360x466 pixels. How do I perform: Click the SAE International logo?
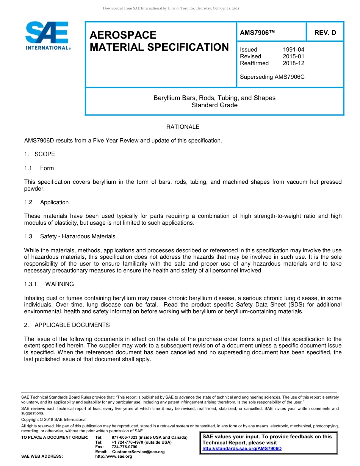47,36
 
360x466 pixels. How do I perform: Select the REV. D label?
325,33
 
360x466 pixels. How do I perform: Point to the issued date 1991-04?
293,50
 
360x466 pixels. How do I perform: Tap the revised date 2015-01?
293,56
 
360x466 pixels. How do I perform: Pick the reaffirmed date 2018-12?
293,63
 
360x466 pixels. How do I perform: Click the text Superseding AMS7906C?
272,77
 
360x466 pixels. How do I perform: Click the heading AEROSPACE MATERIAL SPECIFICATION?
159,41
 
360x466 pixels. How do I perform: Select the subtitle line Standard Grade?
214,105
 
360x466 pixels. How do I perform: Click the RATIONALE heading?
183,127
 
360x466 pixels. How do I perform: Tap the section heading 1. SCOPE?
40,154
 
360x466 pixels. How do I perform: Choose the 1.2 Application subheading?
47,202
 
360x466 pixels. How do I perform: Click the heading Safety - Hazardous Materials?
78,236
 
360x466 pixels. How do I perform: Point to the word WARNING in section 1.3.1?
59,284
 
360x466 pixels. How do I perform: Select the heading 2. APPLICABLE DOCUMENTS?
67,325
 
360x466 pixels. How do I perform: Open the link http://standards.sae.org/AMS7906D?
242,449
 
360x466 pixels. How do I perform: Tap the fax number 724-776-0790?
125,447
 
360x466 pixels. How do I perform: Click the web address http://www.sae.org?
114,456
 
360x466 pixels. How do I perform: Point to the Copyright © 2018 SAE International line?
54,419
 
